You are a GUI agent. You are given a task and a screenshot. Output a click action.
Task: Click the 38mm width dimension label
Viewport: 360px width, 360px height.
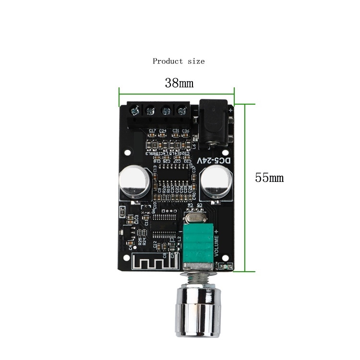pyautogui.click(x=179, y=83)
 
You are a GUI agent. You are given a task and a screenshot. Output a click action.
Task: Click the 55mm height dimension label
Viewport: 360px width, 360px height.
pyautogui.click(x=269, y=178)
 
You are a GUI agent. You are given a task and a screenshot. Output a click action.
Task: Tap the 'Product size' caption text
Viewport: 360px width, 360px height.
pyautogui.click(x=179, y=61)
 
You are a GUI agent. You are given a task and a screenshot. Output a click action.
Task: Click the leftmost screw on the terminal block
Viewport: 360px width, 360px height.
pyautogui.click(x=135, y=111)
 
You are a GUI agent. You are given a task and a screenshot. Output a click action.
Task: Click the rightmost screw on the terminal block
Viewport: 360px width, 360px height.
pyautogui.click(x=182, y=111)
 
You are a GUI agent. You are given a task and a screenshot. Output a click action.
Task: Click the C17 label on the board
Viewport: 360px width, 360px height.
pyautogui.click(x=152, y=131)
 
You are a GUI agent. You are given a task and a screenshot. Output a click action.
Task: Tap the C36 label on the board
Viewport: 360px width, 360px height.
pyautogui.click(x=185, y=131)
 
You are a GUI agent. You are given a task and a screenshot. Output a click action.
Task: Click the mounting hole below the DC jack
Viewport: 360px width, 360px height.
pyautogui.click(x=224, y=153)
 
